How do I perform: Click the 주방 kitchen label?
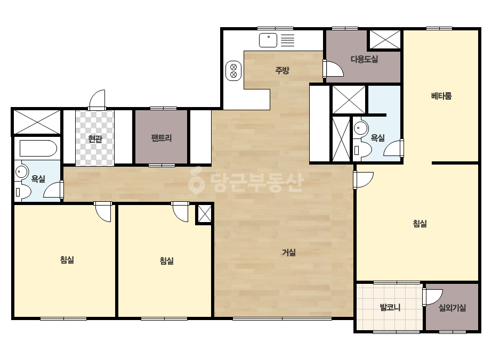(282, 70)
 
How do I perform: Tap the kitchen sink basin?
(268, 40)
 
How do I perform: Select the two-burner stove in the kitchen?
(233, 70)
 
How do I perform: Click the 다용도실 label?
(364, 59)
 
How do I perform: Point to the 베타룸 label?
(441, 96)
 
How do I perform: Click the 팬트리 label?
(162, 138)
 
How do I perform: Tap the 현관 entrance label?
(95, 138)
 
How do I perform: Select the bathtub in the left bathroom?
(38, 149)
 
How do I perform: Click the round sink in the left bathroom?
(21, 172)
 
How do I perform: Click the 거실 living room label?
(289, 252)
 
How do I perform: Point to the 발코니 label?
(390, 307)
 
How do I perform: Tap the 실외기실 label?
(452, 308)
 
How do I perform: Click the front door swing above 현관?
(97, 100)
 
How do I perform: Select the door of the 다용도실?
(333, 68)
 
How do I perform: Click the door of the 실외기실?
(432, 297)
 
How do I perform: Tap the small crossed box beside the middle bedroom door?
(204, 214)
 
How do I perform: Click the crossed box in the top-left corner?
(37, 121)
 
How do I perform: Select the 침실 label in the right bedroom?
(420, 224)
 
